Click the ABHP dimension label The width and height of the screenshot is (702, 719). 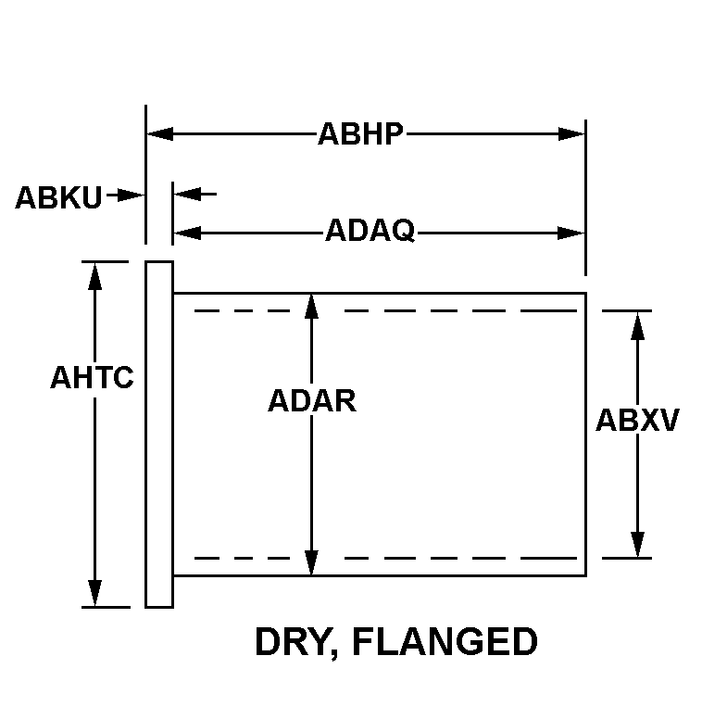tap(360, 134)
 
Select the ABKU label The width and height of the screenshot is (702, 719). tap(58, 197)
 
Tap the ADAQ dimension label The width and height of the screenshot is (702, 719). tap(370, 231)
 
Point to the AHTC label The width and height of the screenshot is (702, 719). tap(92, 378)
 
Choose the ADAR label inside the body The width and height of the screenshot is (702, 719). tap(312, 400)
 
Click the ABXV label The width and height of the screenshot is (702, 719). tap(637, 421)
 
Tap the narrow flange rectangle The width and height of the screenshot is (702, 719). tap(159, 434)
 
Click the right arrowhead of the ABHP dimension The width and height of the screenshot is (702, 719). tap(572, 134)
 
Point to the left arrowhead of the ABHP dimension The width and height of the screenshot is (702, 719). tap(160, 134)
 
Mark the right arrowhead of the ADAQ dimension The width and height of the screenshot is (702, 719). tap(572, 233)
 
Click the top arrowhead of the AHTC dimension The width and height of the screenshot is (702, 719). tap(94, 274)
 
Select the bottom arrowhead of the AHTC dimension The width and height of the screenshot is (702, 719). tap(94, 594)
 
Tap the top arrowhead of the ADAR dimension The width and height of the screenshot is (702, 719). tap(312, 307)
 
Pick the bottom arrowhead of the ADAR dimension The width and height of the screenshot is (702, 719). tap(312, 562)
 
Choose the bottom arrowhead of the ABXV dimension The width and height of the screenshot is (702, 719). tap(637, 545)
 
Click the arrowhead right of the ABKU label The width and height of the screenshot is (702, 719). tap(134, 195)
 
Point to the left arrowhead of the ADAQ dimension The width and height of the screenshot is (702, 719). tap(186, 233)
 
